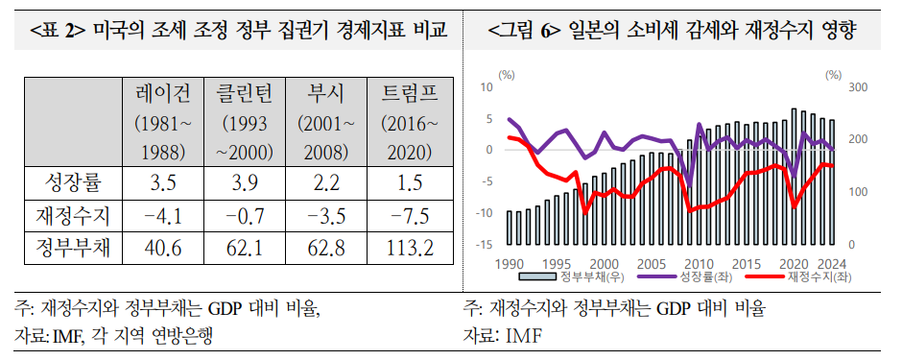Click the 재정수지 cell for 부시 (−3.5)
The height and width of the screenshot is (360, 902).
(x=327, y=215)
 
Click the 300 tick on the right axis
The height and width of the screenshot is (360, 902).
(x=859, y=87)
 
